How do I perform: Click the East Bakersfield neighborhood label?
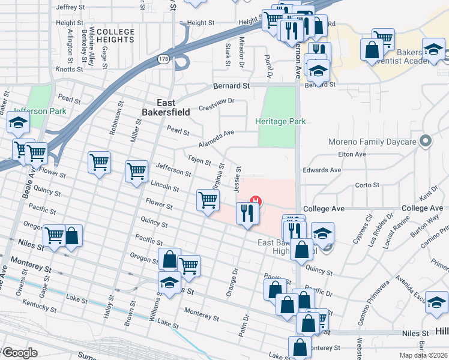tap(166, 107)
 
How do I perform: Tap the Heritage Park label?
tap(280, 121)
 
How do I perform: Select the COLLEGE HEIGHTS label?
tap(115, 35)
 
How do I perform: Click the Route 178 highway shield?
tap(163, 59)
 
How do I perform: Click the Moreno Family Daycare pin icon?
tap(426, 142)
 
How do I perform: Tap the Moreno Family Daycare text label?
tap(372, 142)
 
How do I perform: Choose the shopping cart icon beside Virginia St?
tap(208, 200)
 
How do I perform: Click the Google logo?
tap(20, 353)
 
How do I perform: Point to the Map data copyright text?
tap(423, 355)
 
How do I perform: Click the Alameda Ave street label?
tap(216, 140)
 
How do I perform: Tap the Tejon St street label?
tap(199, 161)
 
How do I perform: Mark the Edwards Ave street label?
tap(322, 170)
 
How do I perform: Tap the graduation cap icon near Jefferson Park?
tap(18, 124)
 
